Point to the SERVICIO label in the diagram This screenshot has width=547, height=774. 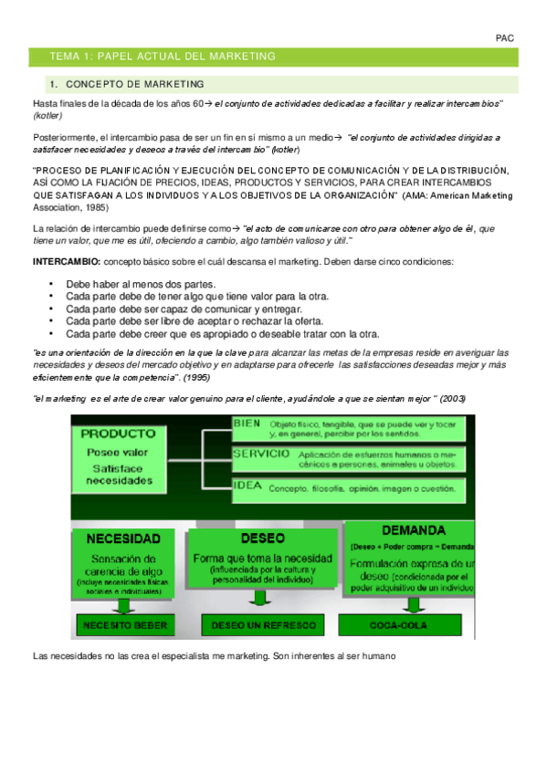[x=261, y=454]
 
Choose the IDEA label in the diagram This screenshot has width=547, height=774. [x=247, y=485]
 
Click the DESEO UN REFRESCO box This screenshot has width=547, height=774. [x=263, y=625]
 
